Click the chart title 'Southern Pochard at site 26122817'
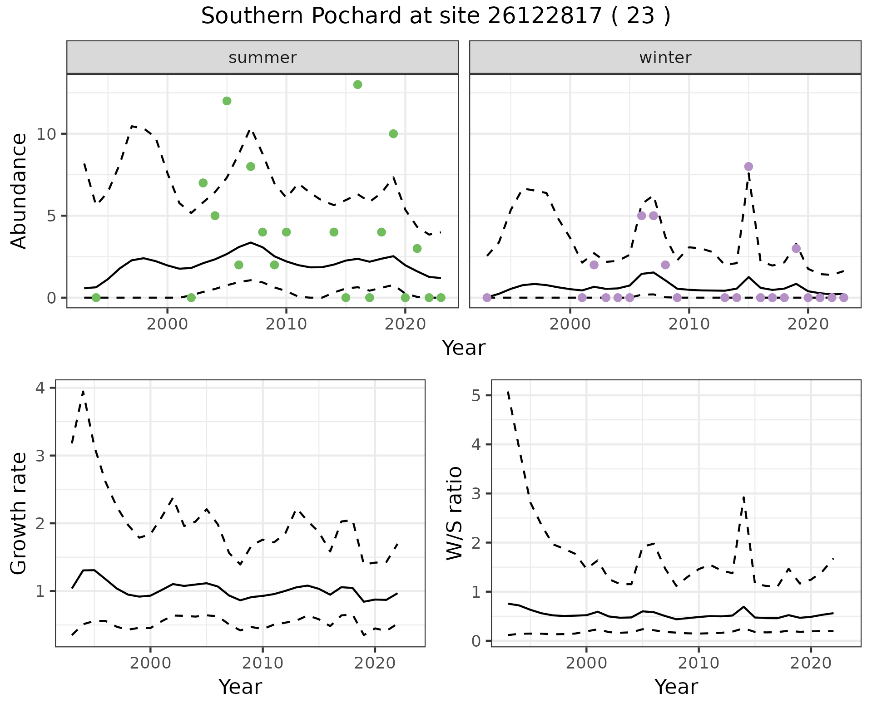coord(435,16)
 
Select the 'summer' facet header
coord(263,58)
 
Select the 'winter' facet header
coord(665,58)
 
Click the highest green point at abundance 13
coord(357,84)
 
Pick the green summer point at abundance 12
coord(227,101)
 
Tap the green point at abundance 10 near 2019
coord(393,133)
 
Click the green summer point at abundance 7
coord(203,183)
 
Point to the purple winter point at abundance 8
coord(748,167)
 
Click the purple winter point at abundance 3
coord(796,248)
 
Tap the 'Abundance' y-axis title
coord(19,191)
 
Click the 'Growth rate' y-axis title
coord(19,514)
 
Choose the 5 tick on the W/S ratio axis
coord(476,395)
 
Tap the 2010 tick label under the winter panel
coord(689,324)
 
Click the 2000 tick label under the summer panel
coord(167,324)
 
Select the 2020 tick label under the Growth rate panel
coord(374,663)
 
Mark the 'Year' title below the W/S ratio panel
coord(676,687)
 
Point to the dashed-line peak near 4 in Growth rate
coord(83,391)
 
